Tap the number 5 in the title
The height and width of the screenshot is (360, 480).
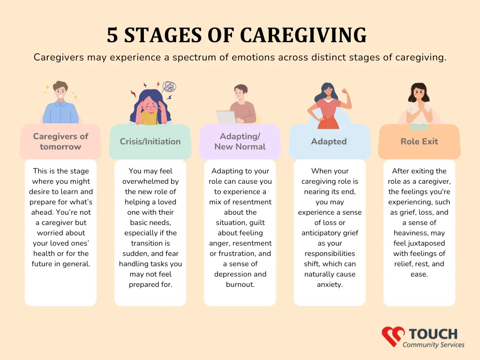[112, 35]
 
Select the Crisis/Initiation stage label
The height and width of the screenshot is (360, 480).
[150, 142]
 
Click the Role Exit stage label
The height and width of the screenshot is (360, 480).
[420, 142]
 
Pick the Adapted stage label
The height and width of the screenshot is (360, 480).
[329, 142]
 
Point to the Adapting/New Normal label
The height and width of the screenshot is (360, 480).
[240, 142]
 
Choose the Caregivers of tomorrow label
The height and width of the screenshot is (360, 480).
[60, 142]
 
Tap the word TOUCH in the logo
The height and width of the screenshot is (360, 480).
[433, 334]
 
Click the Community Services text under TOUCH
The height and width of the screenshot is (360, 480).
[434, 345]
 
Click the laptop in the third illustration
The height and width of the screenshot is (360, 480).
[226, 117]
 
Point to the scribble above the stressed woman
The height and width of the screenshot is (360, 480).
[169, 87]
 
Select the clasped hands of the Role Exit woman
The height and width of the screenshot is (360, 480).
[420, 107]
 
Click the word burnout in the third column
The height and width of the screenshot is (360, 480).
[240, 285]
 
